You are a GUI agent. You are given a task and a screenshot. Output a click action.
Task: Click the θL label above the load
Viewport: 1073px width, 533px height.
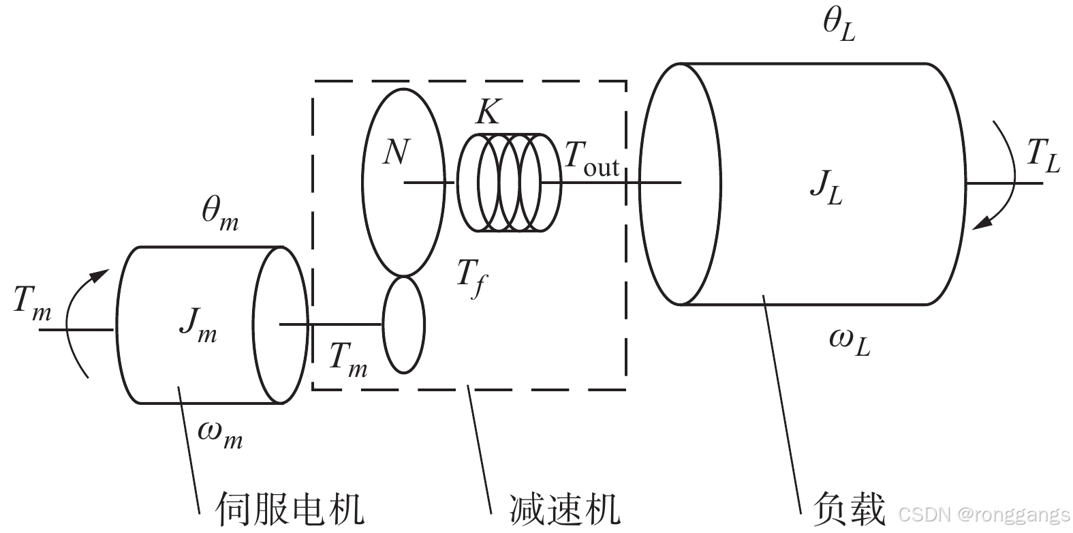point(838,26)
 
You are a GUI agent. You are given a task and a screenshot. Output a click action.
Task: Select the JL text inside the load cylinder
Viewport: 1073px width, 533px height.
point(826,186)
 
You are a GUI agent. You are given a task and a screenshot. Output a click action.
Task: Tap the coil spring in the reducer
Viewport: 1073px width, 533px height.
point(508,183)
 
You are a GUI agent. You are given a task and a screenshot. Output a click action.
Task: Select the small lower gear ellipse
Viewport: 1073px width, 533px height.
point(403,324)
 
